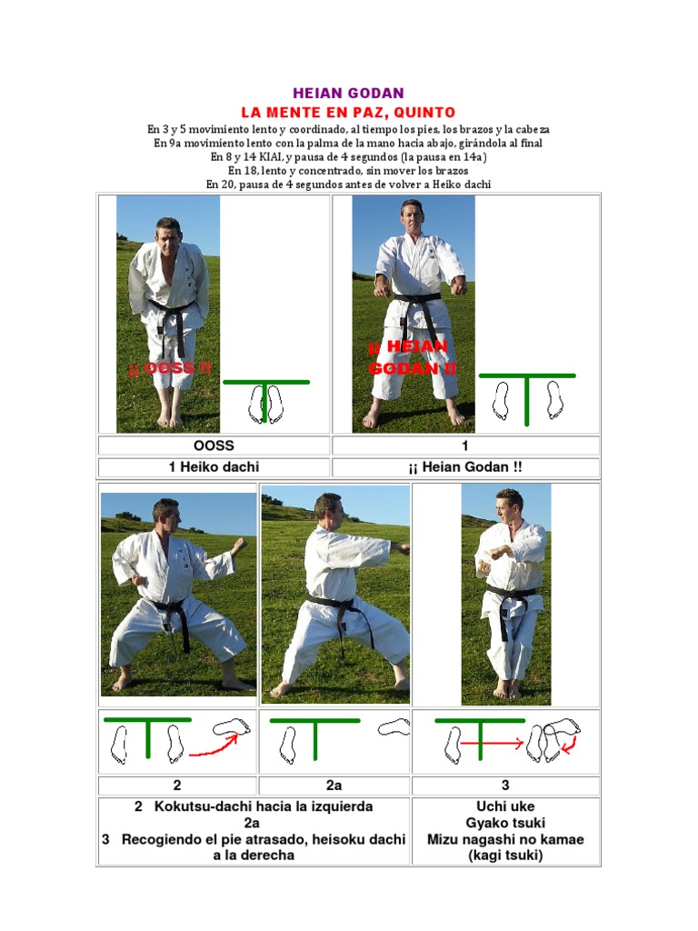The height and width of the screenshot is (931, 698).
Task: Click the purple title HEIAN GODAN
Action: [348, 94]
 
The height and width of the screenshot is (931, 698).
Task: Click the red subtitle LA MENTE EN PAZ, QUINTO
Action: [348, 112]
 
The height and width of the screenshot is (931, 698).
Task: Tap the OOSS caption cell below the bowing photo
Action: [214, 445]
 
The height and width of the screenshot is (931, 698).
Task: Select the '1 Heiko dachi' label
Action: [214, 467]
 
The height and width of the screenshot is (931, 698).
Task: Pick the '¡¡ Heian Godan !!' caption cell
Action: [465, 467]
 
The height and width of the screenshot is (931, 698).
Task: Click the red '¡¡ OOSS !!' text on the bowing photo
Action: [170, 368]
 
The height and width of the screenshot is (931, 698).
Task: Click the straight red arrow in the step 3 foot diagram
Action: [492, 744]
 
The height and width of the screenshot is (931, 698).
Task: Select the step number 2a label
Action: [334, 786]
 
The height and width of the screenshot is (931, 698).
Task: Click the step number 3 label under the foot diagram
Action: [505, 786]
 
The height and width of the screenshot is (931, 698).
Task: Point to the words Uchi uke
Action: [505, 806]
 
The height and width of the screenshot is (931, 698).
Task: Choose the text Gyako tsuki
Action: [505, 823]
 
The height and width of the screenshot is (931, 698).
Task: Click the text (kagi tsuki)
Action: [505, 856]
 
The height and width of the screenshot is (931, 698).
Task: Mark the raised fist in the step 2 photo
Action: [239, 546]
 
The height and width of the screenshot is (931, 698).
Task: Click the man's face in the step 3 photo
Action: [506, 505]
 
